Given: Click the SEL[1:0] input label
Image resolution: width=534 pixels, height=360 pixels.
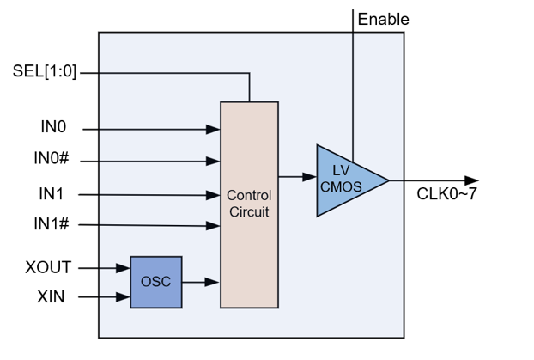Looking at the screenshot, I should coord(46,71).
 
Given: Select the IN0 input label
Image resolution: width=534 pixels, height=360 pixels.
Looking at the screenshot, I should coord(53,127).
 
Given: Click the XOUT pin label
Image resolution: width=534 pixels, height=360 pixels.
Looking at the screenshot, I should coord(48,267).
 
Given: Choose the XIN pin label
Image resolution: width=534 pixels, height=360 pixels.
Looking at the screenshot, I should coord(51,297).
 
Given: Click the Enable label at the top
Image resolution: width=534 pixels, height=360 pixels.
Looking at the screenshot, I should coord(383,19).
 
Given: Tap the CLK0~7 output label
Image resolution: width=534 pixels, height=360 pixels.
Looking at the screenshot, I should coord(446,194).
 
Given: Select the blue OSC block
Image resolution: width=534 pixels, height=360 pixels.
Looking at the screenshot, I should coord(155,282).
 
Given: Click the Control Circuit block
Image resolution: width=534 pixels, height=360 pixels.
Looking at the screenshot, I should coord(249,204).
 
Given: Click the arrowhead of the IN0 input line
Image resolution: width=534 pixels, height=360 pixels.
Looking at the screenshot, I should coord(214,130).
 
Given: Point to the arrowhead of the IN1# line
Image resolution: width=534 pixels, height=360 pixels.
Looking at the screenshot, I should coord(214,227).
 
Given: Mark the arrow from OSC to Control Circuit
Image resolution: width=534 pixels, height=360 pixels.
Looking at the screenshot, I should coord(201,282).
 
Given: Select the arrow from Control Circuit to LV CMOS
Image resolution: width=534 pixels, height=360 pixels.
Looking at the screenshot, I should coord(297,177).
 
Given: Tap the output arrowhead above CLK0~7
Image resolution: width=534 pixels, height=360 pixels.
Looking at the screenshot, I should coord(471,180).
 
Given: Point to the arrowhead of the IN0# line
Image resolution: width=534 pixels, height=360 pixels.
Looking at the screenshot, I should coord(214,161).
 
